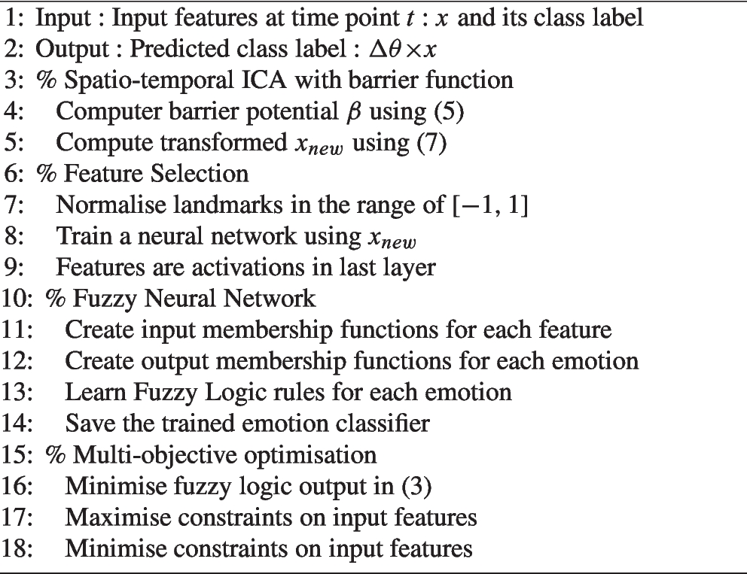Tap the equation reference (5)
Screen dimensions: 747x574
click(437, 111)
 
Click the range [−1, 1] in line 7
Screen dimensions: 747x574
click(480, 205)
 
